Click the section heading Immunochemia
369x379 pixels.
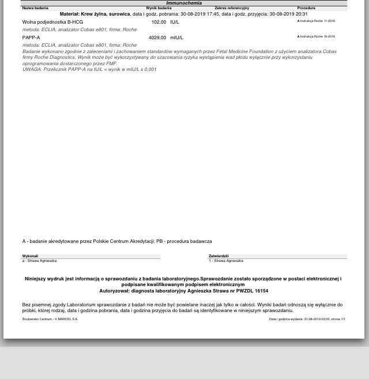184,3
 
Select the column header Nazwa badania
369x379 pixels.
35,8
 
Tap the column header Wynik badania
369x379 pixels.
159,8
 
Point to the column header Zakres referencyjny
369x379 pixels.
232,8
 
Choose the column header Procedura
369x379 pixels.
306,8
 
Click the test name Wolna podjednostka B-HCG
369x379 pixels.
52,22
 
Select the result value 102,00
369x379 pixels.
159,22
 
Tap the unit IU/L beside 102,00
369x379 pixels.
175,22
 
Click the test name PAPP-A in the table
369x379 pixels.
31,37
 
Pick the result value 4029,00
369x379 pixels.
157,37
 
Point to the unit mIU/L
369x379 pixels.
176,37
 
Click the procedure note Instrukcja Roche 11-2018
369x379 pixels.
317,21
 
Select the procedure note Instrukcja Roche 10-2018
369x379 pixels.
317,36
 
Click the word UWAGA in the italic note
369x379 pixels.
31,69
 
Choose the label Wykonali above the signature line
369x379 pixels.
30,256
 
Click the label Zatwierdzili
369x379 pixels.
219,256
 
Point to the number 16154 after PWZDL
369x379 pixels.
259,291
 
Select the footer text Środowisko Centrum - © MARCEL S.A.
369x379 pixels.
50,319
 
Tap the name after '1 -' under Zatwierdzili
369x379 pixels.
228,261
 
